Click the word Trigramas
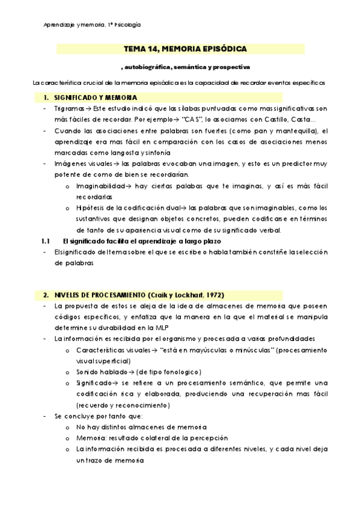[x=67, y=108]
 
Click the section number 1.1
[x=46, y=241]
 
